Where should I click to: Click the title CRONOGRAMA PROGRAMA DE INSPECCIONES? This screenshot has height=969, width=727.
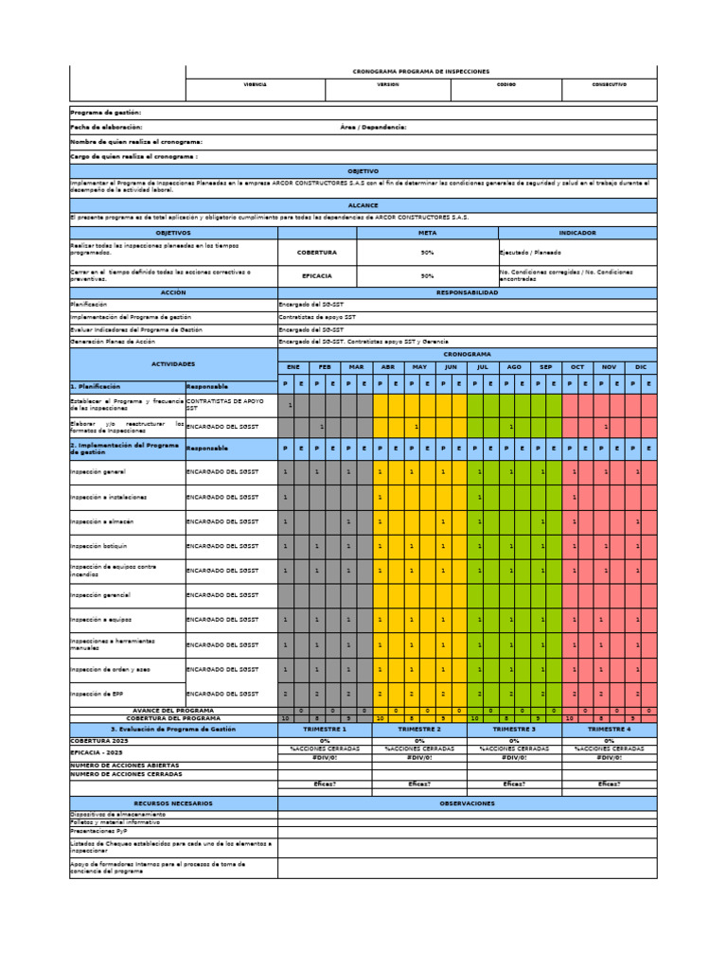[x=420, y=71]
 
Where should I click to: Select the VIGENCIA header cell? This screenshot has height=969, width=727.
[x=256, y=85]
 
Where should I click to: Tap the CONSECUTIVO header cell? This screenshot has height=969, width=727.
[x=609, y=85]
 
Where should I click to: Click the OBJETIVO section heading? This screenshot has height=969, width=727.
[x=363, y=171]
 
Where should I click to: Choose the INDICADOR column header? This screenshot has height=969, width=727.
[x=576, y=232]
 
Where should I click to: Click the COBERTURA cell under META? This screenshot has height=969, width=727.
[x=316, y=253]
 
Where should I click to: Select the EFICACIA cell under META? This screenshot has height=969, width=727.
[x=316, y=276]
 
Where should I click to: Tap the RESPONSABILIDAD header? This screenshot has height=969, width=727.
[x=467, y=293]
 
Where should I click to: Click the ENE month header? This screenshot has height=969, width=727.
[x=293, y=366]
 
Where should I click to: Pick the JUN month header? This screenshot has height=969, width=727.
[x=451, y=366]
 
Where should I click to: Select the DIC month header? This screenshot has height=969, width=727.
[x=640, y=366]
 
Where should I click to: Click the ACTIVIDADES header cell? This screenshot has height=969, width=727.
[x=173, y=363]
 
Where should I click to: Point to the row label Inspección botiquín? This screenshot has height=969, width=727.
[x=99, y=546]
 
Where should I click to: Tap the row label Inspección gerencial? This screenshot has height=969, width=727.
[x=100, y=595]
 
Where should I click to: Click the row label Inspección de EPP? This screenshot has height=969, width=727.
[x=98, y=694]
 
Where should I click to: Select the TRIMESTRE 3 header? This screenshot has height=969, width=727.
[x=514, y=730]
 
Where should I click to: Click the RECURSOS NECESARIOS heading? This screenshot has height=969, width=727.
[x=173, y=803]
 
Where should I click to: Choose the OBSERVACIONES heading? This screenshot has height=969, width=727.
[x=467, y=803]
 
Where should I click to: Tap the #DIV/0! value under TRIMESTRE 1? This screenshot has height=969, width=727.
[x=325, y=757]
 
